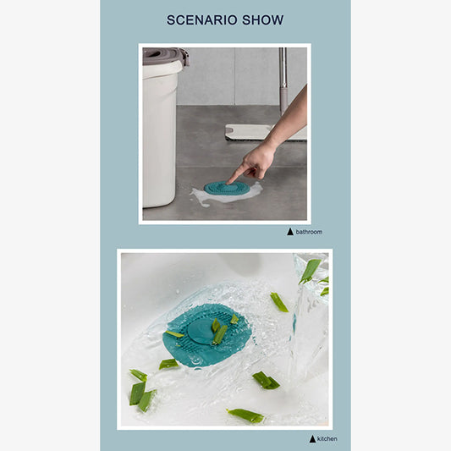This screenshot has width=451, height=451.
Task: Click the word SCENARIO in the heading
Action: pyautogui.click(x=200, y=20)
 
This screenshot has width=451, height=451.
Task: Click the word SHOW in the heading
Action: pyautogui.click(x=262, y=20)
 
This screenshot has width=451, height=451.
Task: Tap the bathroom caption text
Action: pyautogui.click(x=309, y=231)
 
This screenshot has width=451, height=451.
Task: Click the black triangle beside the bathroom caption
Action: pyautogui.click(x=290, y=231)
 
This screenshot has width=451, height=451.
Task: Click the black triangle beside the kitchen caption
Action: pyautogui.click(x=312, y=438)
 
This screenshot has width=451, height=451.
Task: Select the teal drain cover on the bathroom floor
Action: pyautogui.click(x=224, y=188)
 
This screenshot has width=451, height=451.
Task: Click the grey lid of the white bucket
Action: pyautogui.click(x=162, y=56)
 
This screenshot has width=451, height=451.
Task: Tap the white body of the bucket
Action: pyautogui.click(x=159, y=135)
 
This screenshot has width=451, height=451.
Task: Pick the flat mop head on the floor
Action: pyautogui.click(x=254, y=131)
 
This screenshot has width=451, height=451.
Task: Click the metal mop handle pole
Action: pyautogui.click(x=283, y=80)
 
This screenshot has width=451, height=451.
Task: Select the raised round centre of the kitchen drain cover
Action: pyautogui.click(x=202, y=328)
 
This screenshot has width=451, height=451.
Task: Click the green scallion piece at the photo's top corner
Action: pyautogui.click(x=310, y=270)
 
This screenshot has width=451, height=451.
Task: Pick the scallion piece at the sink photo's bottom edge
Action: pyautogui.click(x=245, y=415)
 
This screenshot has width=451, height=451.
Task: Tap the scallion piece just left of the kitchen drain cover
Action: pyautogui.click(x=169, y=364)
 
